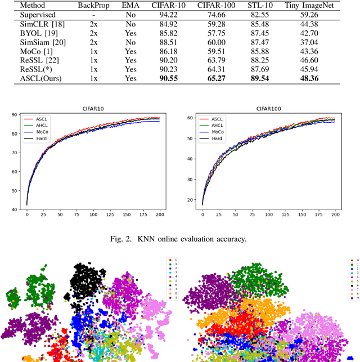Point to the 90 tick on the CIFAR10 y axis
pyautogui.click(x=16, y=115)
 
